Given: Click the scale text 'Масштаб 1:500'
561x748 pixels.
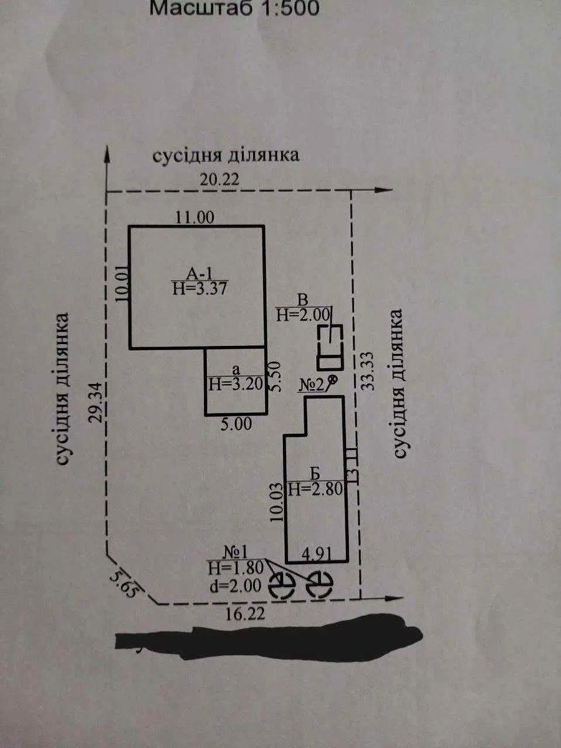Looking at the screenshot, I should pos(236,9).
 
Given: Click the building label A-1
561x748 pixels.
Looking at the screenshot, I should pos(199,272).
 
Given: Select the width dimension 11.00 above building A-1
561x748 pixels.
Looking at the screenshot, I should pos(194,218).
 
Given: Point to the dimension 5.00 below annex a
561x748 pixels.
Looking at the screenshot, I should pos(236,424).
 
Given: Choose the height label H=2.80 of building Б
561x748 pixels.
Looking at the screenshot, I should pos(317,489).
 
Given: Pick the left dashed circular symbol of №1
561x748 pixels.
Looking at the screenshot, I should pos(281,584).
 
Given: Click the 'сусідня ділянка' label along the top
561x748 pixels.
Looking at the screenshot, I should pos(226,155).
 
